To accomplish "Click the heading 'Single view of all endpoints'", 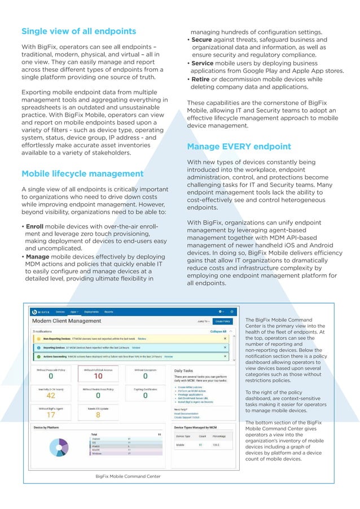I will point(78,31).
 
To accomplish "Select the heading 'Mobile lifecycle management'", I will point(82,174).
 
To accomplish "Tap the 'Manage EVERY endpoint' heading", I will point(239,147).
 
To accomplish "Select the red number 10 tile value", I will point(98,376).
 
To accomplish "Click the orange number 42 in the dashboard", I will point(50,396).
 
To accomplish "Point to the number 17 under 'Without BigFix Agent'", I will point(50,415).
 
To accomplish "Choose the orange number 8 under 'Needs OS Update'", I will point(98,415).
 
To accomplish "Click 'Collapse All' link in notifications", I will point(218,332).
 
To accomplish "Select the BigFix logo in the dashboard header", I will point(42,311).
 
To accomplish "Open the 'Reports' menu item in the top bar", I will point(108,311).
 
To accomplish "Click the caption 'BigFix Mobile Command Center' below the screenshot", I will point(128,476).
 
